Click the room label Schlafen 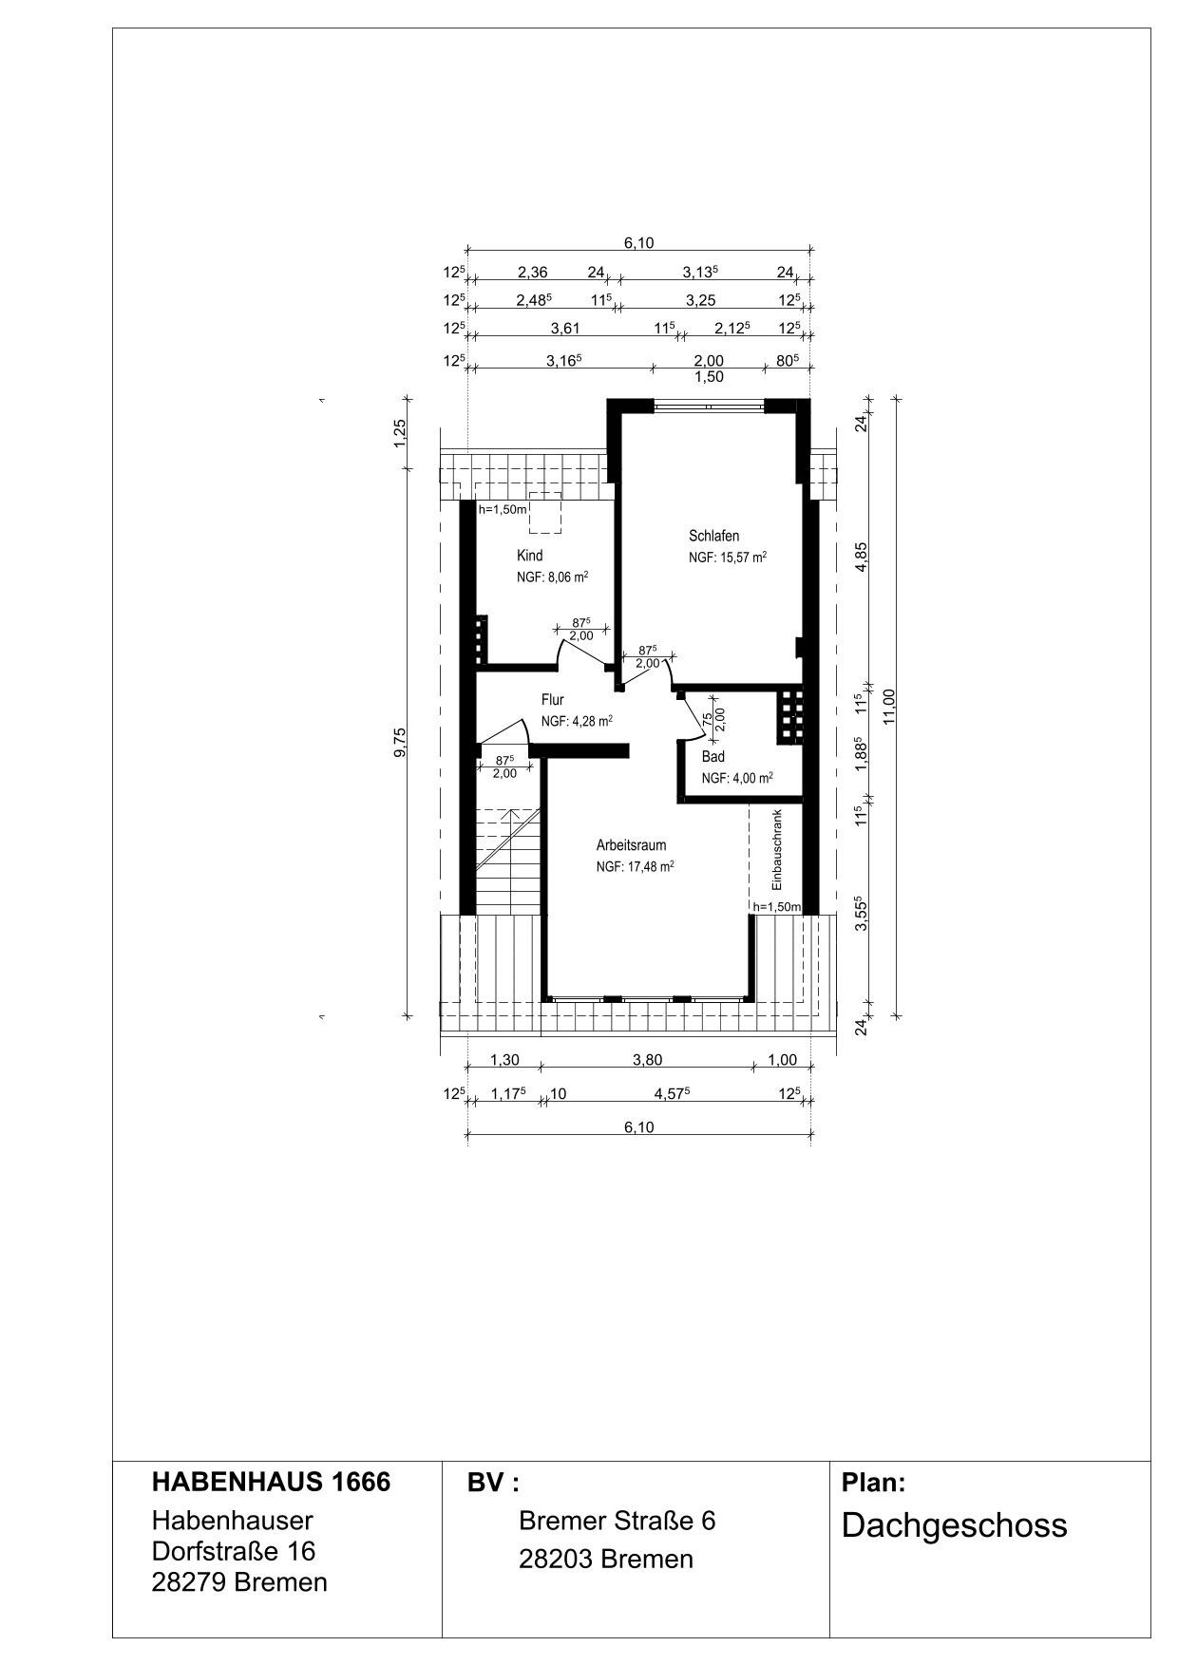[713, 536]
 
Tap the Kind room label [529, 556]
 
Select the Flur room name [553, 700]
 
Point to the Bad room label [713, 757]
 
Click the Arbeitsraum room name [631, 845]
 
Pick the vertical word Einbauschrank [776, 849]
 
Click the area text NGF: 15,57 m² [728, 558]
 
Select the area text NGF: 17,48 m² [636, 866]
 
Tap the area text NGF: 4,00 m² [737, 778]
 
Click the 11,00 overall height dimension [889, 706]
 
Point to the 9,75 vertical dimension [400, 742]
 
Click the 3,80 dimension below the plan [648, 1060]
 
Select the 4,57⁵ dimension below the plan [672, 1093]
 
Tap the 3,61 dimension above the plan [565, 328]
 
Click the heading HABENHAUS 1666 [271, 1483]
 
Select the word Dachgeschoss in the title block [954, 1526]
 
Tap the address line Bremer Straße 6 [617, 1521]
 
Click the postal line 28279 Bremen [239, 1582]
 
